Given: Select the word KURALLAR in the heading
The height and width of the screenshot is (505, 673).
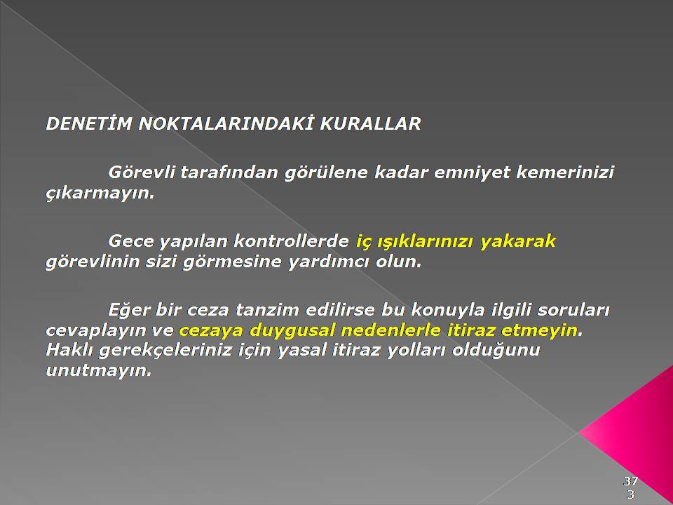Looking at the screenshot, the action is (x=370, y=123).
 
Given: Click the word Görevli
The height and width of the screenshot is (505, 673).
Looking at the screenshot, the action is (x=142, y=173).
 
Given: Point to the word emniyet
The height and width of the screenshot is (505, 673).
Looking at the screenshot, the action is (x=471, y=173).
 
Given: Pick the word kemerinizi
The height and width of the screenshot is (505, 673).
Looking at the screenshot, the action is (x=565, y=173).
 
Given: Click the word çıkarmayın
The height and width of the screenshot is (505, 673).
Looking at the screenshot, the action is (x=100, y=194).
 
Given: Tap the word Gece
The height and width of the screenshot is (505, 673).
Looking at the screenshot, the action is (x=130, y=241).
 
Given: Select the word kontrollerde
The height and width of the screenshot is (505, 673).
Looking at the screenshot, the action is (x=291, y=241).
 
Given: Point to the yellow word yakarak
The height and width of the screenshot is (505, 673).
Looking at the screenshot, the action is (x=518, y=241).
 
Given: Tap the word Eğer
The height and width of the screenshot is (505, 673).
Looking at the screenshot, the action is (x=128, y=310).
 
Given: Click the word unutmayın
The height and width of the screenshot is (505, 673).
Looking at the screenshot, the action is (x=99, y=370).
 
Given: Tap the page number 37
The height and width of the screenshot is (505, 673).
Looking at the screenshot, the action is (x=630, y=480).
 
